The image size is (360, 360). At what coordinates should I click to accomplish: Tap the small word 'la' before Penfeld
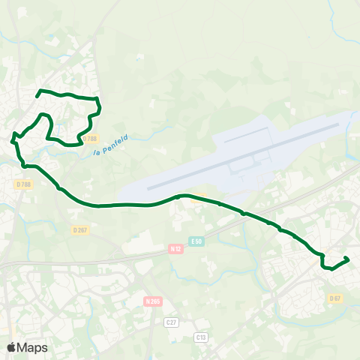97,151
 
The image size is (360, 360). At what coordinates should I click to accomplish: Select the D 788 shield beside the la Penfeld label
90,139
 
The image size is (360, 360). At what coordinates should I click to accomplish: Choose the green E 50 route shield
196,241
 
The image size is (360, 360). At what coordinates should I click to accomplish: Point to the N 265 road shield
152,301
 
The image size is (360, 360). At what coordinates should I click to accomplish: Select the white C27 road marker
170,322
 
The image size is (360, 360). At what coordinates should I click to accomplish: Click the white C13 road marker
199,337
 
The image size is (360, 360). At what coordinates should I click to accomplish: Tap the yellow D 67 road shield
334,298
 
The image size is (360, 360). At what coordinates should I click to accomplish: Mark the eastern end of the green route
348,259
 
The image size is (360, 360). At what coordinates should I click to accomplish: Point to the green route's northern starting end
38,94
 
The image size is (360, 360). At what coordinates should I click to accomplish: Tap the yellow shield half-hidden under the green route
197,199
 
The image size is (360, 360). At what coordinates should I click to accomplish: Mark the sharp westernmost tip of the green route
12,139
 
